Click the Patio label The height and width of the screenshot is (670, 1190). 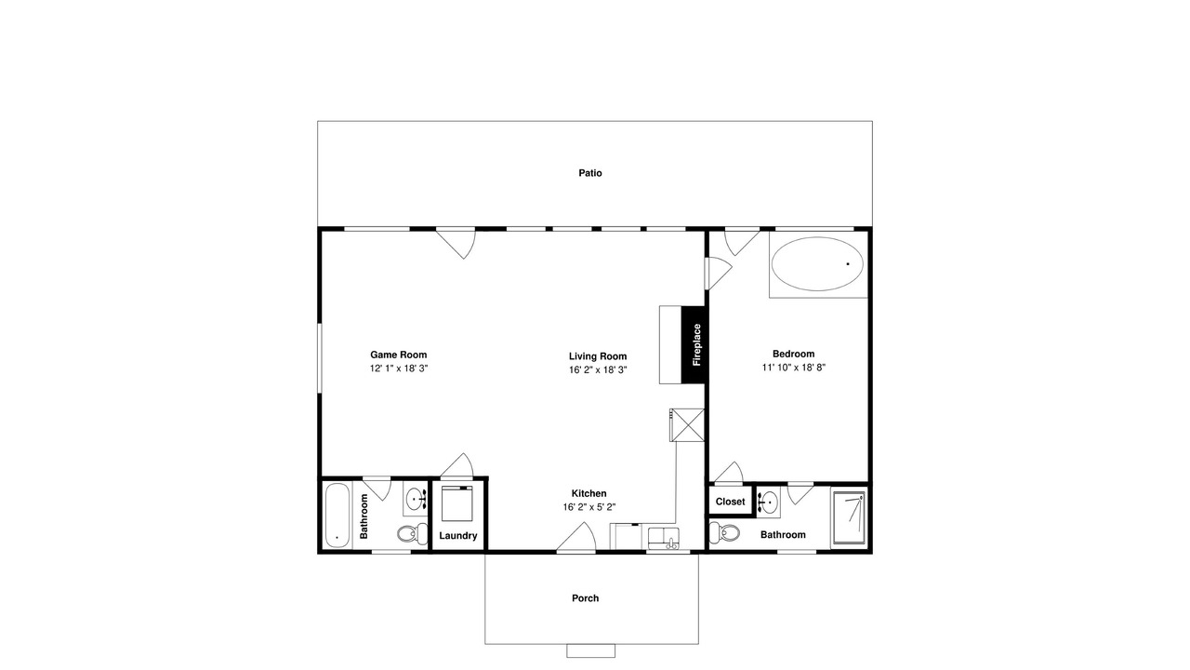[590, 173]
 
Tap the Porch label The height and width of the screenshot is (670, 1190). [585, 598]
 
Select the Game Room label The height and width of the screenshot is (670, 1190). [399, 355]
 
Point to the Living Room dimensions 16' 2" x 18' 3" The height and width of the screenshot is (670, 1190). [598, 370]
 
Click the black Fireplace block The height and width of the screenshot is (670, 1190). [693, 344]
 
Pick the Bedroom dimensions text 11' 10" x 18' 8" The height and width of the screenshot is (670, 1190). [794, 368]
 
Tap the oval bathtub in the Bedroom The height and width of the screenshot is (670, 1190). [817, 263]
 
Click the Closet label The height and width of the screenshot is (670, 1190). [730, 502]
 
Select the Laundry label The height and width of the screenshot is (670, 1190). [458, 535]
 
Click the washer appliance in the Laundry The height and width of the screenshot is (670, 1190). [456, 503]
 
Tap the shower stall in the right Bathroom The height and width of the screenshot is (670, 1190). [849, 518]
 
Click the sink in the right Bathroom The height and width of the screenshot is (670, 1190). [768, 502]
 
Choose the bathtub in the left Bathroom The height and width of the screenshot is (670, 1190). [337, 515]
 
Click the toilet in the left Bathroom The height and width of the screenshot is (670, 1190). [412, 533]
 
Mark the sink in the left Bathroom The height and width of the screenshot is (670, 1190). [416, 499]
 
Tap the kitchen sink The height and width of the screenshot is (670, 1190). [664, 538]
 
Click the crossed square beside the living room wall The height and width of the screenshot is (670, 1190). [687, 425]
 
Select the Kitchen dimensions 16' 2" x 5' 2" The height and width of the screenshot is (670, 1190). [589, 507]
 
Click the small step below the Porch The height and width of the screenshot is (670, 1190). [590, 650]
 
